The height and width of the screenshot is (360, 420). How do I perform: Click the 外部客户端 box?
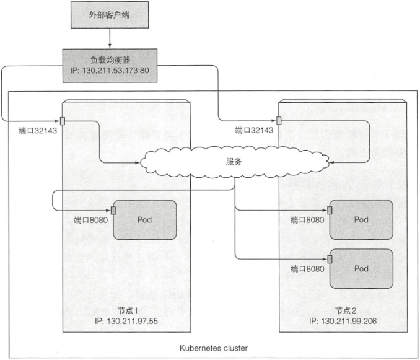point(110,15)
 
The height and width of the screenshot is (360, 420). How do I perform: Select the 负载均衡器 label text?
point(110,59)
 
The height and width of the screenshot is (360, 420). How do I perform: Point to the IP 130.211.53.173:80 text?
point(110,71)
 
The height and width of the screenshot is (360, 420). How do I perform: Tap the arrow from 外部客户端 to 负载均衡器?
point(110,38)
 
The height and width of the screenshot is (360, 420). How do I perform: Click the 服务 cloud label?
point(234,162)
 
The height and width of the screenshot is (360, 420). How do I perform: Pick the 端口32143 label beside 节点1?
point(38,131)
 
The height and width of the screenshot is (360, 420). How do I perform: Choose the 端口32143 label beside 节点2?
point(254,131)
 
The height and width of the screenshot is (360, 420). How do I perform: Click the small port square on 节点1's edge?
point(63,121)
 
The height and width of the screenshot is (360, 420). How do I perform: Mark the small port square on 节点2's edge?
point(279,121)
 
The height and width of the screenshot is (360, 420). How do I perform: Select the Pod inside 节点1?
point(145,220)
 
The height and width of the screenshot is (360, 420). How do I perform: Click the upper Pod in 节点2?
point(361,219)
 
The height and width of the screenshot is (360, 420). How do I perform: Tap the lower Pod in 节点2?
point(361,269)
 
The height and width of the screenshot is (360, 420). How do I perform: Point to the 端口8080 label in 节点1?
point(90,220)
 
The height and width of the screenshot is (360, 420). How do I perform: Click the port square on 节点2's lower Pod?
point(330,259)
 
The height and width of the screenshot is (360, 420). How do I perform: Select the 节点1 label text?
point(128,310)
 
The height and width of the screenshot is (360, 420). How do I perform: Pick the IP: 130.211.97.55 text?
point(126,321)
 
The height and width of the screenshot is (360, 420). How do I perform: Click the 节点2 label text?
point(346,310)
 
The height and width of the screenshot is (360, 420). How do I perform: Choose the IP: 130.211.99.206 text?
point(343,321)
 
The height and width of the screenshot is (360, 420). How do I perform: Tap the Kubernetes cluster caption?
point(214,348)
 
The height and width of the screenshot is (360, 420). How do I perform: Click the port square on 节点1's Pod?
point(113,211)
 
